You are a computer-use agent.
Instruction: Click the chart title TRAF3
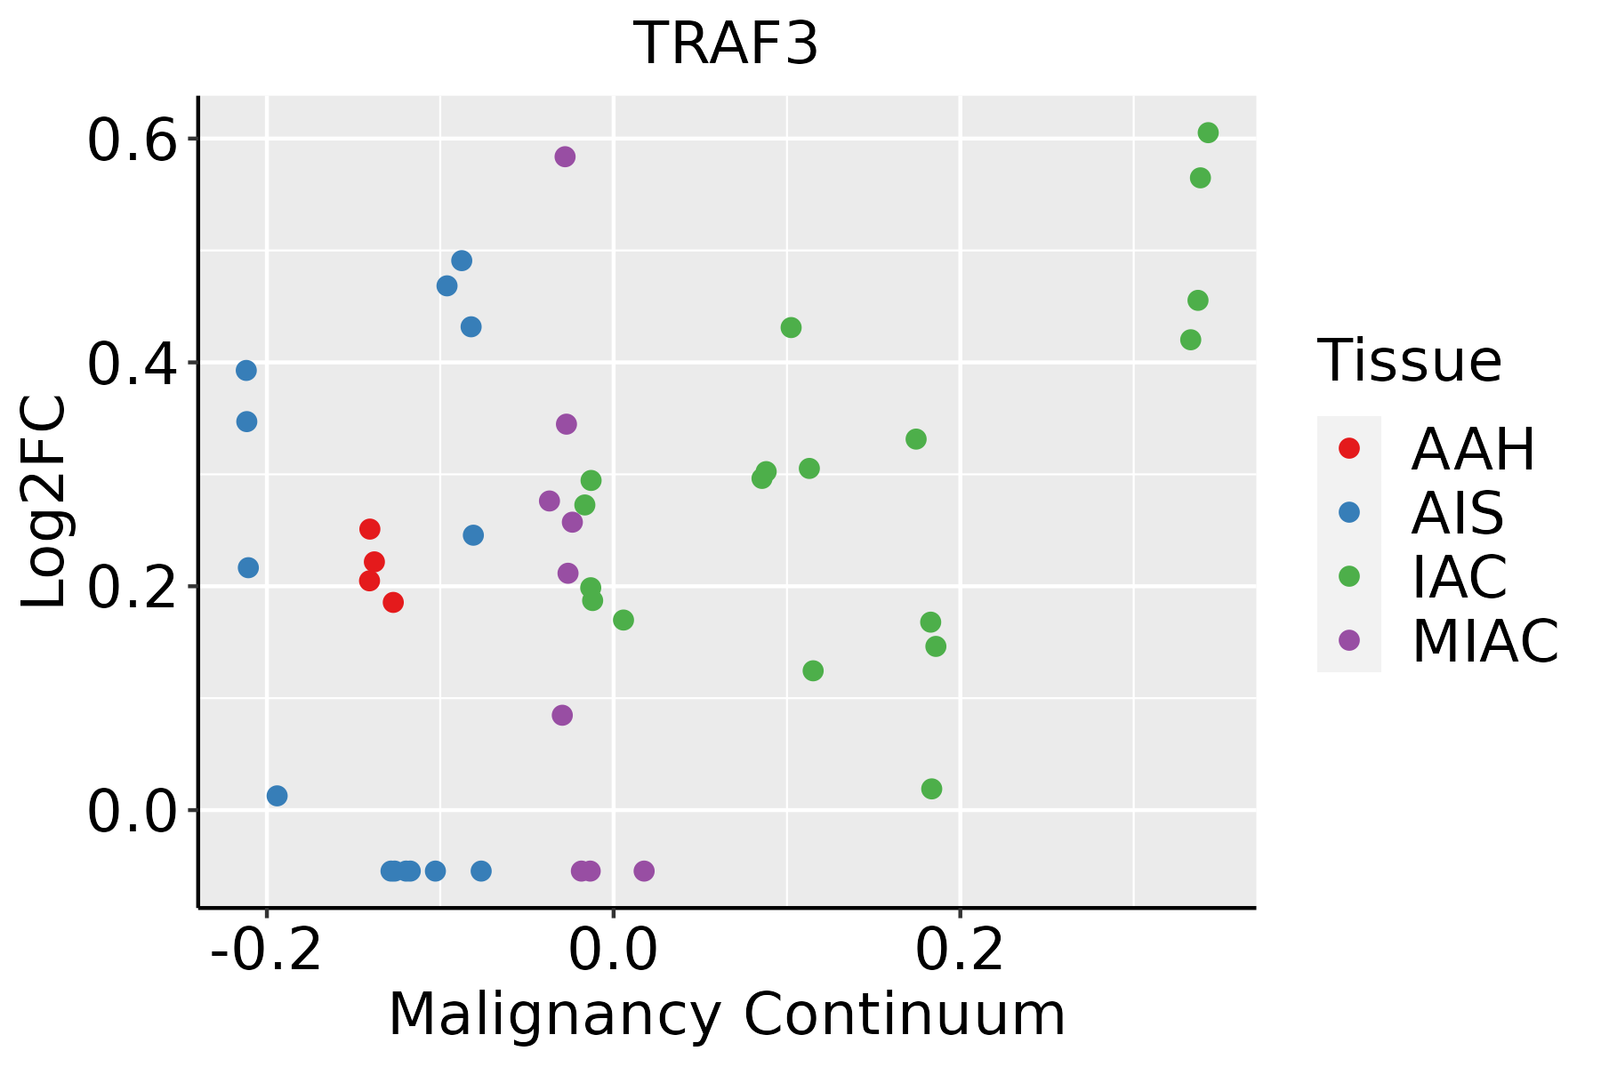click(725, 44)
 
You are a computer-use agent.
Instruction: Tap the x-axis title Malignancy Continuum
click(727, 1015)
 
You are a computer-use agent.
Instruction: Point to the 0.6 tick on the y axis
click(130, 140)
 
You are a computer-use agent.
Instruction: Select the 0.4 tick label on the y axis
click(130, 364)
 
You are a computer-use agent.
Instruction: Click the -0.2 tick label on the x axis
click(266, 951)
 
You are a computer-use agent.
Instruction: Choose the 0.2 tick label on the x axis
click(960, 951)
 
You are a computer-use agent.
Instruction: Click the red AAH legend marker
click(1348, 448)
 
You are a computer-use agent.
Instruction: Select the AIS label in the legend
click(1457, 513)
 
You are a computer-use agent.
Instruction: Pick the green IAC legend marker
click(1348, 576)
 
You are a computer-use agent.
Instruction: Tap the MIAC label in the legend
click(1484, 640)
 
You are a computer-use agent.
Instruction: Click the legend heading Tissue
click(1409, 361)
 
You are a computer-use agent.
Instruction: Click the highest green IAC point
click(1208, 133)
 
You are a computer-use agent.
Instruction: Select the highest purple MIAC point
click(565, 156)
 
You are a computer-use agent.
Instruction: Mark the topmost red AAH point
click(370, 529)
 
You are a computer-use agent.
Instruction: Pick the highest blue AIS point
click(462, 261)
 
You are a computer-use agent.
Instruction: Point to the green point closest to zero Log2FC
click(931, 789)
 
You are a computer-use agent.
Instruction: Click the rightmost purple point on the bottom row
click(644, 870)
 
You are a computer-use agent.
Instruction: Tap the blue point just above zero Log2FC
click(278, 796)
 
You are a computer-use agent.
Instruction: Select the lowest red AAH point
click(393, 603)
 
